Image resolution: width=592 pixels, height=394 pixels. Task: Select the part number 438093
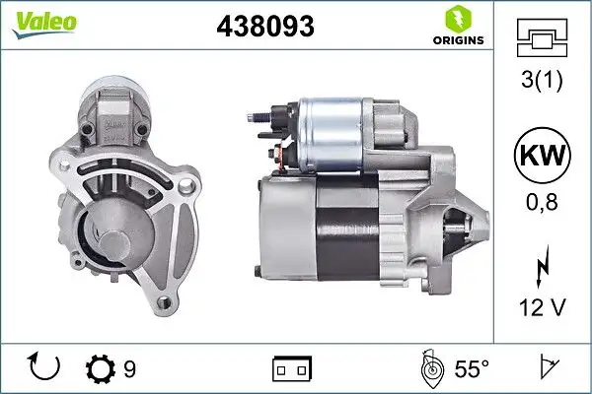click(x=264, y=28)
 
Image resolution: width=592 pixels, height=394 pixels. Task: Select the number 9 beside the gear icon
click(x=128, y=368)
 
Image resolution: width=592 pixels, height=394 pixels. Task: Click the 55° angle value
click(x=471, y=369)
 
